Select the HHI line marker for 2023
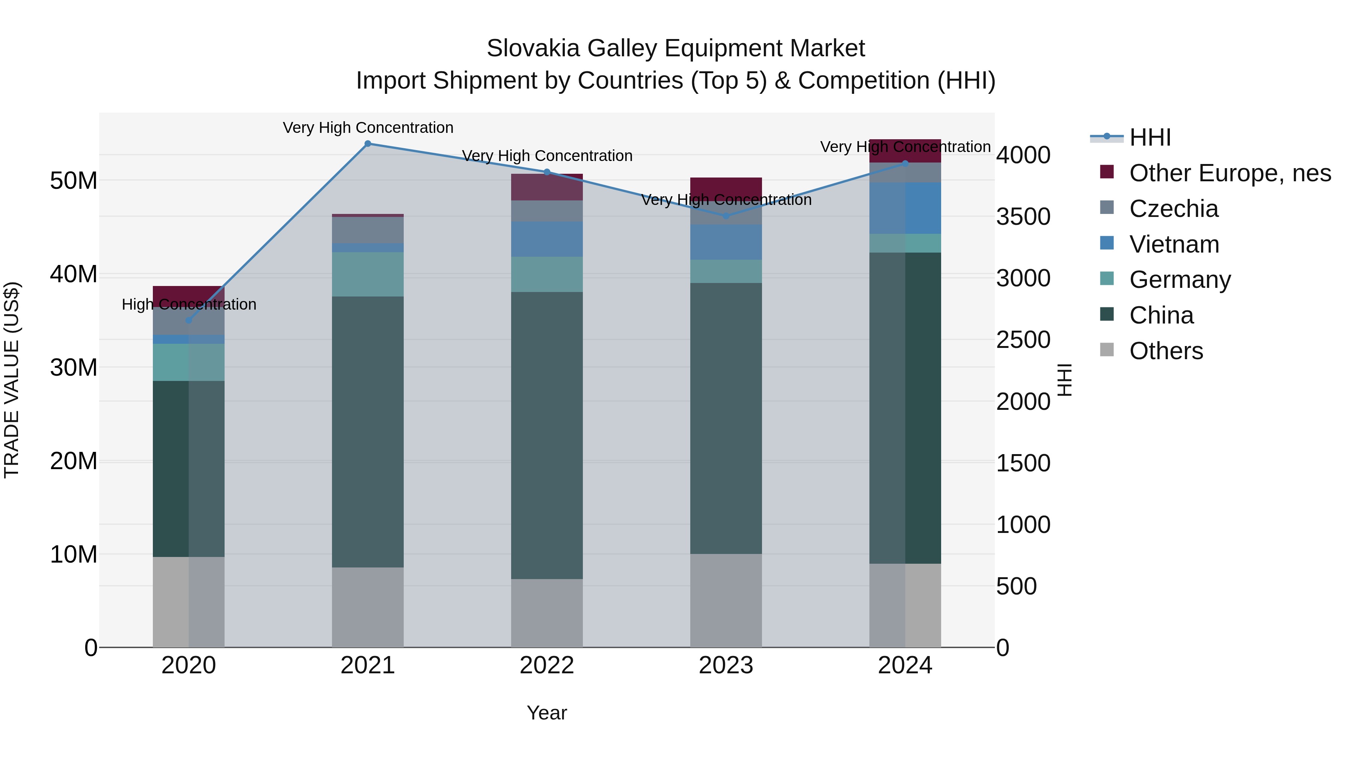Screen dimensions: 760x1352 (x=726, y=216)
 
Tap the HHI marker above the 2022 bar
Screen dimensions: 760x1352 (x=547, y=172)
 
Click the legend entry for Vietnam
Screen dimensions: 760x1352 (x=1174, y=244)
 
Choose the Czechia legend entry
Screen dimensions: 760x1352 (x=1174, y=209)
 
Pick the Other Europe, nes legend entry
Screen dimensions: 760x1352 (x=1230, y=173)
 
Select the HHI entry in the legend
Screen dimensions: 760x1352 (x=1150, y=137)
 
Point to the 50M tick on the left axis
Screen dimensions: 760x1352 (x=74, y=181)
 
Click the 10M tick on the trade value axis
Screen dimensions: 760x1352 (x=74, y=554)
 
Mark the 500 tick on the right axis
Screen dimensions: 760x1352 (x=1017, y=586)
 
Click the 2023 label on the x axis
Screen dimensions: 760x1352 (x=726, y=665)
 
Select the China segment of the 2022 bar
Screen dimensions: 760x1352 (x=547, y=435)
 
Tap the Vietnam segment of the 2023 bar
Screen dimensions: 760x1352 (x=726, y=242)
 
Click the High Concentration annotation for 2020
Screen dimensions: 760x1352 (x=189, y=304)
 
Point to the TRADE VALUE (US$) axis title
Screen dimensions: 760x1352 (x=12, y=380)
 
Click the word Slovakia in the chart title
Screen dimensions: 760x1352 (x=533, y=49)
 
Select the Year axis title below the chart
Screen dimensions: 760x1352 (x=547, y=713)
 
